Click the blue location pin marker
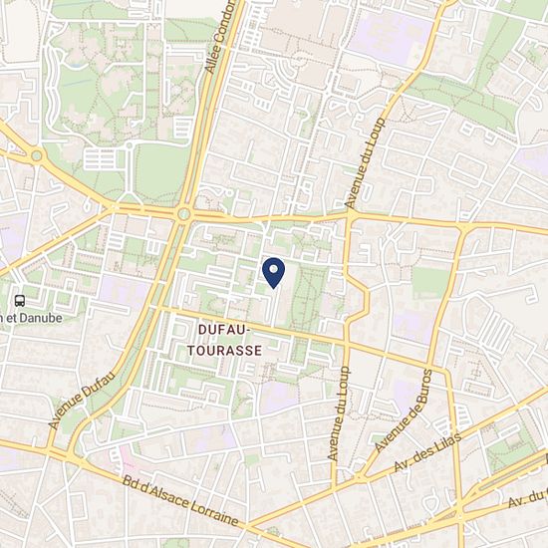[273, 271]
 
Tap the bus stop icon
[20, 300]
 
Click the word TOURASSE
[225, 350]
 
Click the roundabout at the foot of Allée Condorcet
[184, 213]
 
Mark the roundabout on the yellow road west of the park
[37, 155]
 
